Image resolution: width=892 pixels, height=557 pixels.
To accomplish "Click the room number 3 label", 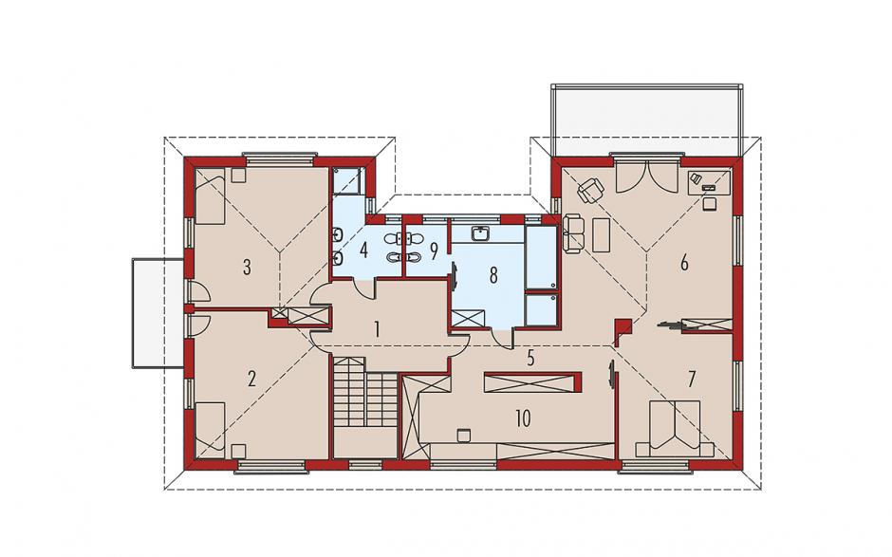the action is [247, 267].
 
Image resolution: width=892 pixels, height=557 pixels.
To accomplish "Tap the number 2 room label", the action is [251, 379].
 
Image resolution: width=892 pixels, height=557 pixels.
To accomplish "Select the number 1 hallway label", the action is [376, 329].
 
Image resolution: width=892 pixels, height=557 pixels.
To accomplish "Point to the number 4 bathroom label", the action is [363, 250].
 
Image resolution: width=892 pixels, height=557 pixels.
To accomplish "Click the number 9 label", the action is [434, 250].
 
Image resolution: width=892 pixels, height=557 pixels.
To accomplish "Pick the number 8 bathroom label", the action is [493, 275].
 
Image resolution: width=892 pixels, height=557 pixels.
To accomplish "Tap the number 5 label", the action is [531, 359].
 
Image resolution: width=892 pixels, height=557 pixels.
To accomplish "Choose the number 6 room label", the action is [684, 263].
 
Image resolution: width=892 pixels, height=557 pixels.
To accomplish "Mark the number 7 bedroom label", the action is [691, 380].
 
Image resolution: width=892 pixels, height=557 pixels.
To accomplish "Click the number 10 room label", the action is [523, 418].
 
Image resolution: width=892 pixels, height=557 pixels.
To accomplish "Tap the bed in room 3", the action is [211, 195].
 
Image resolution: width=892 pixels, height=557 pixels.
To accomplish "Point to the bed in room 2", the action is [210, 431].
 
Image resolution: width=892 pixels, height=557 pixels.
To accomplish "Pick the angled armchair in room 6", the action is [591, 189].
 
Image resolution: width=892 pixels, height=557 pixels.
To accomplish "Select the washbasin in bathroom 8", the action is [482, 233].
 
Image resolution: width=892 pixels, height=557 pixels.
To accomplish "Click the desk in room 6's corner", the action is [710, 182].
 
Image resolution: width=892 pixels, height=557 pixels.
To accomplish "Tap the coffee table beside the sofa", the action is [601, 234].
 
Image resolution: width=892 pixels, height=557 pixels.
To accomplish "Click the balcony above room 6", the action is [647, 121].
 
